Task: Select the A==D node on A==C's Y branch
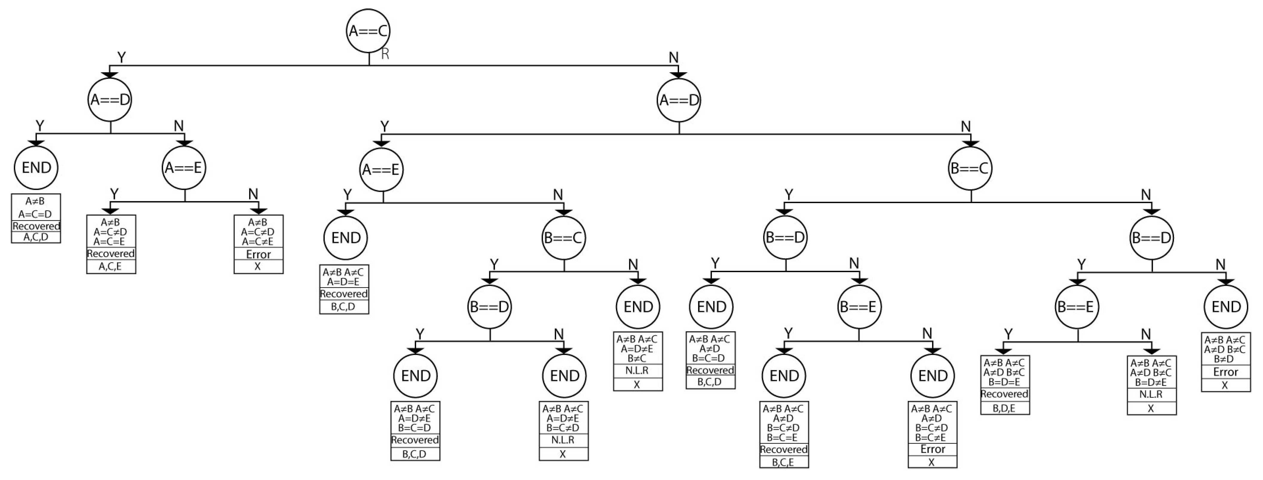110,100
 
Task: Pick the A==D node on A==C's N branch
679,100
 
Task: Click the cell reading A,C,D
36,237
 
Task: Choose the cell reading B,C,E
784,462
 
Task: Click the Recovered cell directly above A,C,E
111,254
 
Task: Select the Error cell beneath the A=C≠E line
258,254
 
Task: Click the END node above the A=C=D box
36,168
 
